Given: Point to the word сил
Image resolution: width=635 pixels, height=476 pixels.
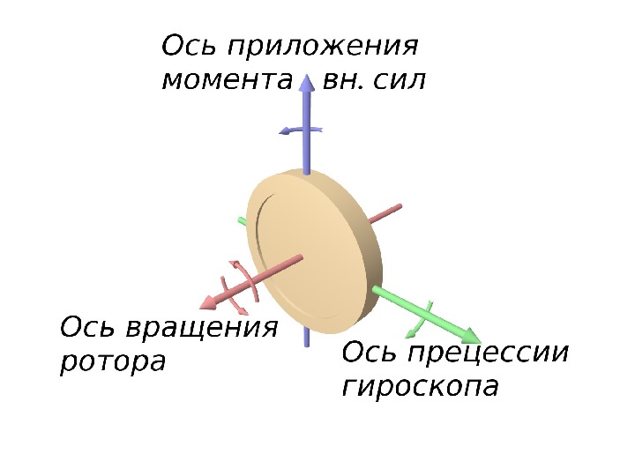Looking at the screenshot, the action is [x=398, y=82].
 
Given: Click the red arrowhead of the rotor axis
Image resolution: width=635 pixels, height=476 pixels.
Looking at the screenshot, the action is [x=208, y=302].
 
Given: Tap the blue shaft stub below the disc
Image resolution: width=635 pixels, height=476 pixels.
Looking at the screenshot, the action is [x=306, y=334].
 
